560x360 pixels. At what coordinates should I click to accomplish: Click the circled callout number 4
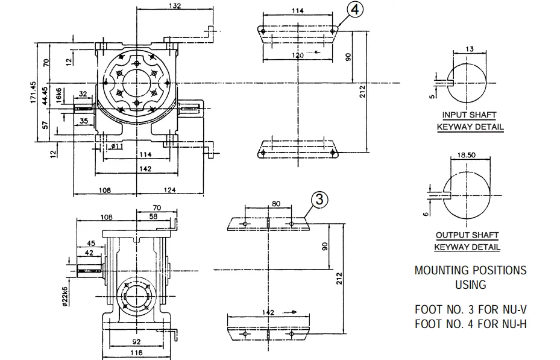[356, 10]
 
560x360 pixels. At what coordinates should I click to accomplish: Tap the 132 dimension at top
[174, 5]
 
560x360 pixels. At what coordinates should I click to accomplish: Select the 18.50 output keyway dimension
[467, 154]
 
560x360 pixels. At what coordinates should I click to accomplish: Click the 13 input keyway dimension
[470, 49]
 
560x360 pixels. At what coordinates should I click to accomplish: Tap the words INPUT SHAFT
[470, 115]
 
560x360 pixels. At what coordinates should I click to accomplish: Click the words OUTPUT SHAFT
[467, 235]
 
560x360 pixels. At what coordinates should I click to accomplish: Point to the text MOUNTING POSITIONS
[470, 270]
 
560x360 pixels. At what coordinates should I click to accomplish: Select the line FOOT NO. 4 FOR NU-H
[471, 324]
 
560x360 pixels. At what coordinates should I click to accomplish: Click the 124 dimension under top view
[168, 191]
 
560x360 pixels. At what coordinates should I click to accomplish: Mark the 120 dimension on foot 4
[298, 55]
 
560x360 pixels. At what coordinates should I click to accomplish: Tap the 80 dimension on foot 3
[275, 204]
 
